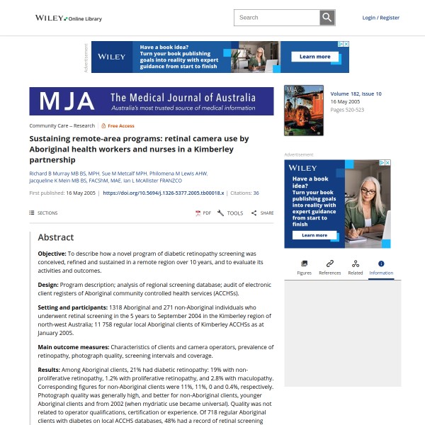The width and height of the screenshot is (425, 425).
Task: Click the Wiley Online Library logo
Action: coord(69,18)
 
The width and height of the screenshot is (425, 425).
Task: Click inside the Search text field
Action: coord(277,18)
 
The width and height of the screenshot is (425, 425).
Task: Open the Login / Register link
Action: coord(380,18)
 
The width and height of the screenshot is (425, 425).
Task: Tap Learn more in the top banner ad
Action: coord(314,57)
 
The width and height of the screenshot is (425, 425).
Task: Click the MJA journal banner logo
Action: coord(151,101)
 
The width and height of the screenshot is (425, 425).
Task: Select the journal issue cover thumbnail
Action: coord(303,110)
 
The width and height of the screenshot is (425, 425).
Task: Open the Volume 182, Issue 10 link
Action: coord(356,93)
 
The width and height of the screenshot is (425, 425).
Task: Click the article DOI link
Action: coord(164,193)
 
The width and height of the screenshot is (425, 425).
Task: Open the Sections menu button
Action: coord(44,212)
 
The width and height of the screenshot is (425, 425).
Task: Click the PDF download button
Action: coord(203,212)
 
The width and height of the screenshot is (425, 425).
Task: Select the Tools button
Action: coord(230,212)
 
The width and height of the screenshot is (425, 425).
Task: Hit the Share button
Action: coord(262,212)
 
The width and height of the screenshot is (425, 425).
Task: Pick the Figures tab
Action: coord(304,267)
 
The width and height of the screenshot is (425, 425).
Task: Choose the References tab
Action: coord(329,267)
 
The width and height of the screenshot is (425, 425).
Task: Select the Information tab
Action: coord(381,267)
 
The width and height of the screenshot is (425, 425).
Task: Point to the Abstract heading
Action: coord(56,237)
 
